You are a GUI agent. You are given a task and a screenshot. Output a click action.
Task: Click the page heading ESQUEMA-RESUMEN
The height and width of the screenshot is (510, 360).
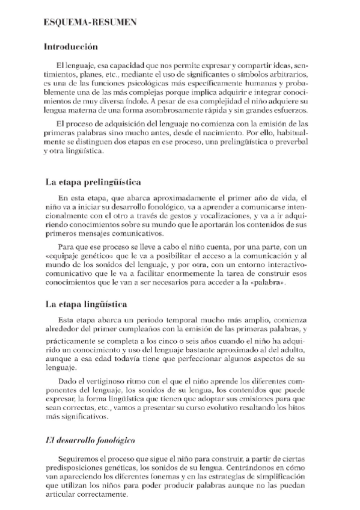point(91,23)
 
